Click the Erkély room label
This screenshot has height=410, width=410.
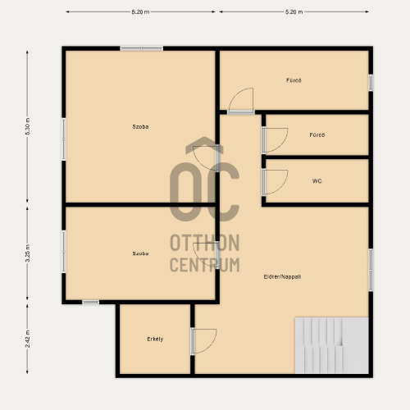155,339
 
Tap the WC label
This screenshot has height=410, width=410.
317,181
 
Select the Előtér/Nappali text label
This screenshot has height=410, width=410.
282,276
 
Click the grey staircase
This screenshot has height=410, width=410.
332,345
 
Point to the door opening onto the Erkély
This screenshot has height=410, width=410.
203,341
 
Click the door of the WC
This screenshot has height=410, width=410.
275,182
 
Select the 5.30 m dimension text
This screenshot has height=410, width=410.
28,126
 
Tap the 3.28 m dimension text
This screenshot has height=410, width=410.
28,253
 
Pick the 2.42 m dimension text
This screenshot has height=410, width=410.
28,339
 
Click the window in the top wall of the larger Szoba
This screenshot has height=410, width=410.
142,48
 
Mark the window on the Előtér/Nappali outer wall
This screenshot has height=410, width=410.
371,270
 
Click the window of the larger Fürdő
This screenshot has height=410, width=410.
371,83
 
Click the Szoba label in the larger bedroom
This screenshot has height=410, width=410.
140,126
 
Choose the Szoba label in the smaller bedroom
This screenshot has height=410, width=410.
140,253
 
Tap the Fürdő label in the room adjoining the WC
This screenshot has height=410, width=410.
317,134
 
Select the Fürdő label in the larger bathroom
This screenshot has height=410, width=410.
294,80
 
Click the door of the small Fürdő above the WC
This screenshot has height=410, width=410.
275,140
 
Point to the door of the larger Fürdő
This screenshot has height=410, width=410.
241,101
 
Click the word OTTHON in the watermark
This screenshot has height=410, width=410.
205,243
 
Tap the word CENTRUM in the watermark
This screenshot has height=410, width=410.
205,265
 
